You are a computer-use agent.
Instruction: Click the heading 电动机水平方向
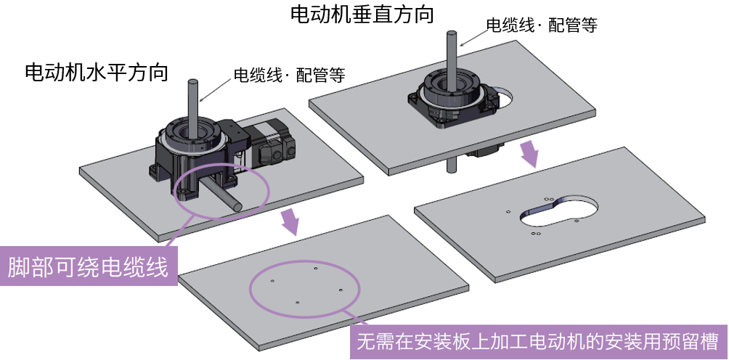(97, 73)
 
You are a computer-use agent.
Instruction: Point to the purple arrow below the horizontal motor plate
(290, 220)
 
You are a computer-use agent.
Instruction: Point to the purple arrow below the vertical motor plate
(531, 153)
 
